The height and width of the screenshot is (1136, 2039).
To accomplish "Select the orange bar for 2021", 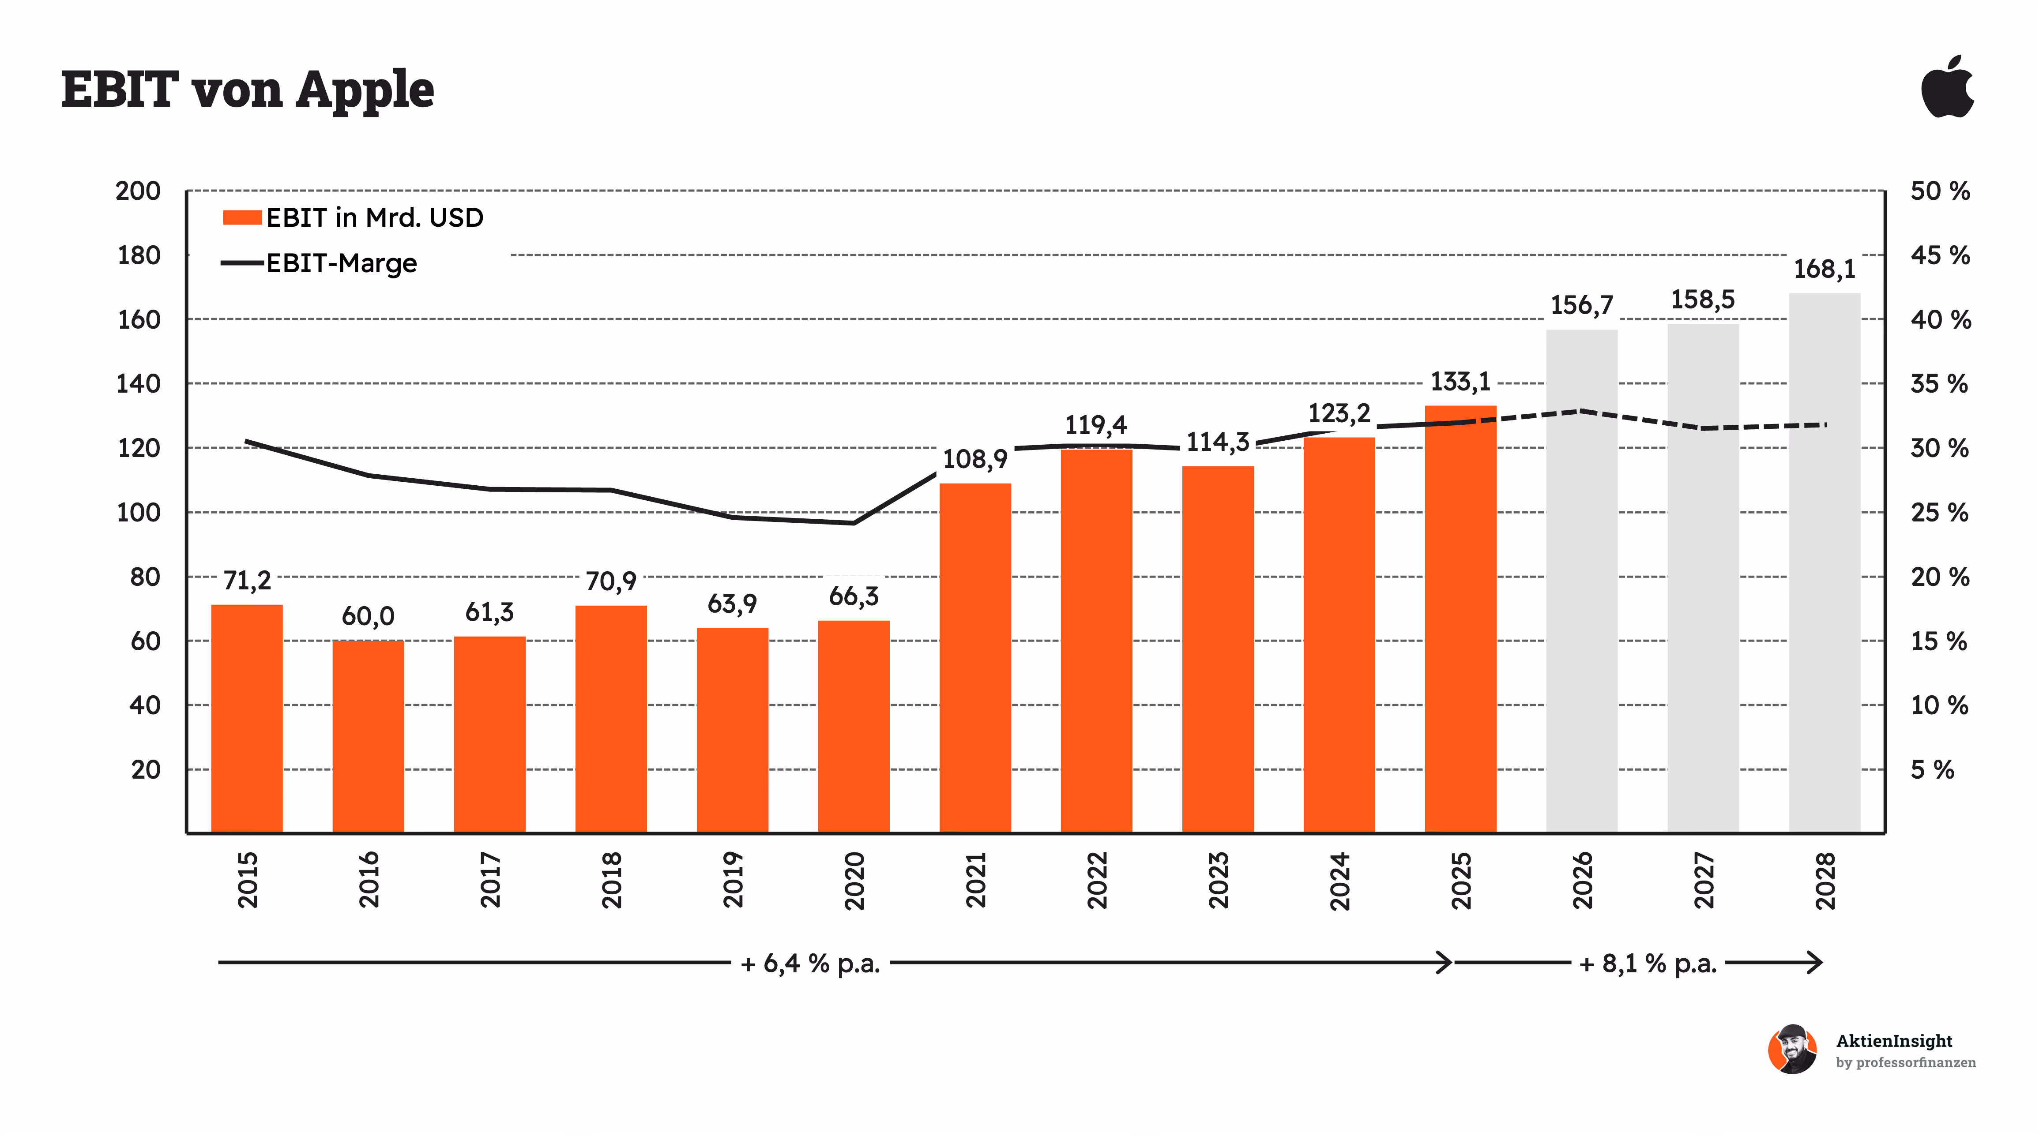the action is [x=975, y=657].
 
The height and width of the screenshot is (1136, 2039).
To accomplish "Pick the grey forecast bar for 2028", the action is [x=1825, y=562].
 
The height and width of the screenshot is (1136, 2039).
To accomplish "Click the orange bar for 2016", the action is [x=368, y=736].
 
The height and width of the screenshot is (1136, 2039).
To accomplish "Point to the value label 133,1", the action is [x=1460, y=382].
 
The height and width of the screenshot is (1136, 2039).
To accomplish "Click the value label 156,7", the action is [x=1581, y=305].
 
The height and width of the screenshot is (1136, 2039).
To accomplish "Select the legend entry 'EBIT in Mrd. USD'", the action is [x=353, y=217].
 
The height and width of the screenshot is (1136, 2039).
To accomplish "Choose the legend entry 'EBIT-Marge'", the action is [x=319, y=263].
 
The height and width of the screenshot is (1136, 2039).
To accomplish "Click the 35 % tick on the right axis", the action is [x=1939, y=384].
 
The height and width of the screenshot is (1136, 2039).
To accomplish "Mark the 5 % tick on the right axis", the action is [x=1932, y=770].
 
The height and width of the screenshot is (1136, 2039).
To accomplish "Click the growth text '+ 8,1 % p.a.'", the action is [x=1648, y=964].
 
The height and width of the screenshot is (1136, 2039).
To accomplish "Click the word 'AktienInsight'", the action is [x=1894, y=1041].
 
